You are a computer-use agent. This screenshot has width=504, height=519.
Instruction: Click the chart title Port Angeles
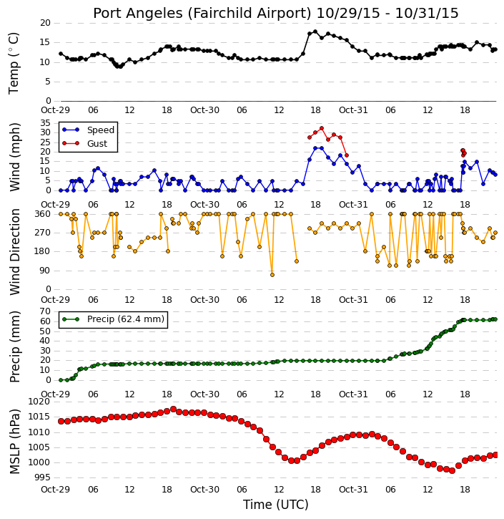tap(137, 14)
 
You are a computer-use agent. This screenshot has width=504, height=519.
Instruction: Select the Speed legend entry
tap(88, 130)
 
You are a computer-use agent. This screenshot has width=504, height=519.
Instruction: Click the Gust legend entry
tap(85, 143)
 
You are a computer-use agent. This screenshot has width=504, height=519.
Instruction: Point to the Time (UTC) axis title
tap(276, 505)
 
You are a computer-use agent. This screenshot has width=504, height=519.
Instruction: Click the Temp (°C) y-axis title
tap(14, 63)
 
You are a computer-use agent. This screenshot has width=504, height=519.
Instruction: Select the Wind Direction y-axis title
tap(14, 252)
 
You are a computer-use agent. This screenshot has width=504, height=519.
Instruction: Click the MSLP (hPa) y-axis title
tap(14, 442)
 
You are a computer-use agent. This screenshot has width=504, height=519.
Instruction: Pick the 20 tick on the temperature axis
tap(45, 23)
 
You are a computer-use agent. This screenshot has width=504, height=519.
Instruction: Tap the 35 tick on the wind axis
tap(45, 123)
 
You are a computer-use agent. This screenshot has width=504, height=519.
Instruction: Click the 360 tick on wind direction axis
tap(43, 214)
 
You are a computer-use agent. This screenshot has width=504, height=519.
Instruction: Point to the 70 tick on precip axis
tap(45, 311)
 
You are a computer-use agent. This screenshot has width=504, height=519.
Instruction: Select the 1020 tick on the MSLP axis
tap(39, 402)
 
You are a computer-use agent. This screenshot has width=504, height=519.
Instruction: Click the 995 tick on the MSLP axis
tap(42, 477)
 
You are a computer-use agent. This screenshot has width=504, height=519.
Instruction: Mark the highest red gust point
tap(322, 128)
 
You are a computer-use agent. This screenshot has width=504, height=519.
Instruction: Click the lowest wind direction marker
tap(272, 275)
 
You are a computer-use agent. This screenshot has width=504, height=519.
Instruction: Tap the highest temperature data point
tap(315, 31)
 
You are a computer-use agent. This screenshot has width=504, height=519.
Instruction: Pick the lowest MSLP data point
tap(452, 470)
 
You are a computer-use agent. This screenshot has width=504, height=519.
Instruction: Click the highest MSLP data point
tap(173, 409)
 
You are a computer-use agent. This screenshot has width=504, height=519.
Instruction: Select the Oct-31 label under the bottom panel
tap(353, 489)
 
